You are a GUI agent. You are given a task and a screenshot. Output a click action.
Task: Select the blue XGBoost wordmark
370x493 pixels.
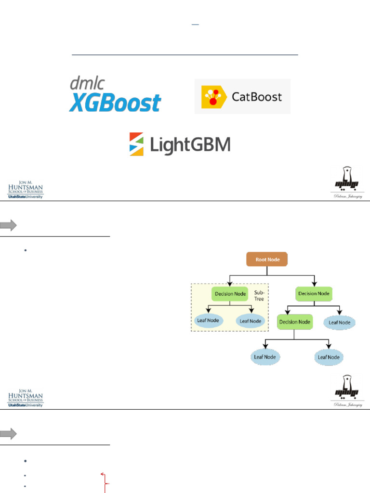(115, 103)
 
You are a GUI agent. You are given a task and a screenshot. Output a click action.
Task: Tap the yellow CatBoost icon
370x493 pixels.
(213, 97)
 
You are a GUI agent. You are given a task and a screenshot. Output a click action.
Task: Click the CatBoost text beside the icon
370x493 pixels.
(257, 97)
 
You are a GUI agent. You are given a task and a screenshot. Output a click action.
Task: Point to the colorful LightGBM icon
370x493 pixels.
(136, 144)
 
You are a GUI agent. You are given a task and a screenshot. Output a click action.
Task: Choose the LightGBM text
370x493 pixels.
(190, 145)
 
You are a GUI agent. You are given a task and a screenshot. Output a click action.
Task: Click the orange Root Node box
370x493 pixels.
(267, 259)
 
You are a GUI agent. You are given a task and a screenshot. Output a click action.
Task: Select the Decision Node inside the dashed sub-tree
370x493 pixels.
(230, 294)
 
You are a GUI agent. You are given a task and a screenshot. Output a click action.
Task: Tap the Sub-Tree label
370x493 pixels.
(259, 296)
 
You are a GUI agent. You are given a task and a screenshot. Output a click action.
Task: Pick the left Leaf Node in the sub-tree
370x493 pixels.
(208, 321)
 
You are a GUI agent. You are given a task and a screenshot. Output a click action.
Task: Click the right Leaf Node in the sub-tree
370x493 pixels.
(251, 321)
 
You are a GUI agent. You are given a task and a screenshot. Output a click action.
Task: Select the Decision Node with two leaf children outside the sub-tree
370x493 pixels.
(294, 322)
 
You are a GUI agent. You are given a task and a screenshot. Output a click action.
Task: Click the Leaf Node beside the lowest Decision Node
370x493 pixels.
(340, 323)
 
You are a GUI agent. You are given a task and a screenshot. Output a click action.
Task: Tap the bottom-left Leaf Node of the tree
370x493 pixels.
(264, 357)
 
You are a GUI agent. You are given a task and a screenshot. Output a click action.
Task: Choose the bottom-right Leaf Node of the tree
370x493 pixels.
(329, 357)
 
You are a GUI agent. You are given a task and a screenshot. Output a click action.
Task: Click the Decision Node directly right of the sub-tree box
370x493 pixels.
(314, 294)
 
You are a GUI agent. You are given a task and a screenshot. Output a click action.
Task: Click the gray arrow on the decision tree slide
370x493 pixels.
(9, 225)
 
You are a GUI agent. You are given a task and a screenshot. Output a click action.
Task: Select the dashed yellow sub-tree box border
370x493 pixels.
(191, 308)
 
